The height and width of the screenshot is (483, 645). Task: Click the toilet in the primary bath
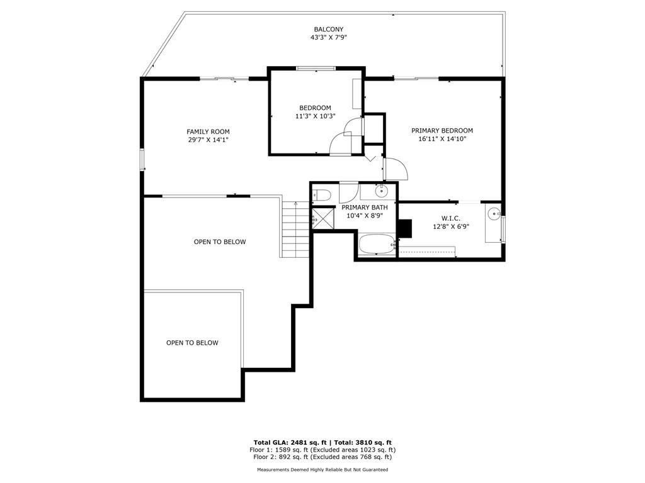click(x=322, y=196)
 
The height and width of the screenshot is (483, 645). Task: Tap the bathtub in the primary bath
click(x=377, y=245)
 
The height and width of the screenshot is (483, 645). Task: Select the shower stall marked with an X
click(x=323, y=218)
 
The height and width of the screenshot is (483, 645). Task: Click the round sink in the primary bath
click(x=382, y=191)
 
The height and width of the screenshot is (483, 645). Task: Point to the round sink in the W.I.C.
click(x=494, y=213)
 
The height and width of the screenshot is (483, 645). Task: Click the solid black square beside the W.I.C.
click(x=405, y=229)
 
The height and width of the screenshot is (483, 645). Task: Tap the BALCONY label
click(x=328, y=29)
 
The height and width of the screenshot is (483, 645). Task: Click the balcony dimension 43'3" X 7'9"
click(x=329, y=37)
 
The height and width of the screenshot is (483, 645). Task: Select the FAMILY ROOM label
click(x=208, y=132)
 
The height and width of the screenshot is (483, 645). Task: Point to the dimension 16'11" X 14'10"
click(x=442, y=139)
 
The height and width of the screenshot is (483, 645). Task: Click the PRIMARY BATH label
click(x=365, y=208)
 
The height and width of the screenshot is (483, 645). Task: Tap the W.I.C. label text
click(x=451, y=218)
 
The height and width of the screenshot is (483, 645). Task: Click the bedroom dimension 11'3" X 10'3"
click(x=315, y=116)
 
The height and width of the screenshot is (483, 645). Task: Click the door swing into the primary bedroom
click(x=396, y=169)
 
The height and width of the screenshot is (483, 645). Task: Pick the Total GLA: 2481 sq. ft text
click(x=290, y=442)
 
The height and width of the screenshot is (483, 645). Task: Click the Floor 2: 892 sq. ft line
click(x=322, y=457)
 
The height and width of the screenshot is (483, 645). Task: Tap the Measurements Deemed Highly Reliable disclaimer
click(x=322, y=469)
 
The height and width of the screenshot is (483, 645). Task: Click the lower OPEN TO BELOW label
click(x=192, y=343)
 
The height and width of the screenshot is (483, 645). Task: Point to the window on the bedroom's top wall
click(x=316, y=69)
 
